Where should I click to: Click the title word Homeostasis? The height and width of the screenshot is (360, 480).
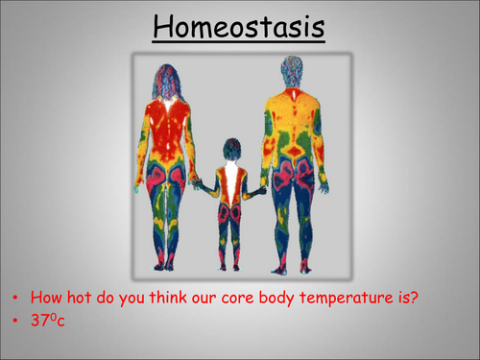click(x=240, y=28)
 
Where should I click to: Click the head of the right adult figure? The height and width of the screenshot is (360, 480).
click(x=292, y=70)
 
